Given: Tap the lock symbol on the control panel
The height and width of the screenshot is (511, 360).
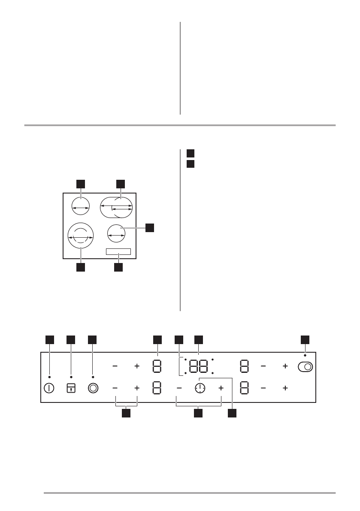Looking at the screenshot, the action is [71, 388].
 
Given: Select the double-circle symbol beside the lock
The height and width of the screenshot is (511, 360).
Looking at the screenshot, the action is [93, 388].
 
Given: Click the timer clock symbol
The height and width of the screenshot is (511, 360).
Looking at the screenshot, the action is [200, 388].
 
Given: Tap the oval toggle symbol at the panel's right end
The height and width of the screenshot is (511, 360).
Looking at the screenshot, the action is [305, 367].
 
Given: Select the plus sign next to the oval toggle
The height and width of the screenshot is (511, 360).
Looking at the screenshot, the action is [285, 367].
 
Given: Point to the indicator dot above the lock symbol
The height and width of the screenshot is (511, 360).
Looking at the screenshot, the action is [71, 377].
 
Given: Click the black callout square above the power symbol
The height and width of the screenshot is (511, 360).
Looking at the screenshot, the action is [50, 339].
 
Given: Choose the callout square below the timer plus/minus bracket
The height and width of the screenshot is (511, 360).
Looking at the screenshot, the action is [198, 413].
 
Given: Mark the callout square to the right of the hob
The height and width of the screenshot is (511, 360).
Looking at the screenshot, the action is [149, 227].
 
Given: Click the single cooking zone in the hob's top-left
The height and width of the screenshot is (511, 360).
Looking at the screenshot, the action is [80, 207].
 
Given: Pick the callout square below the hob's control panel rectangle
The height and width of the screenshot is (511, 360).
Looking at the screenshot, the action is [118, 268].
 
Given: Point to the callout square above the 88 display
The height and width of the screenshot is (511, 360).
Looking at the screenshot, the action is [199, 339].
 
